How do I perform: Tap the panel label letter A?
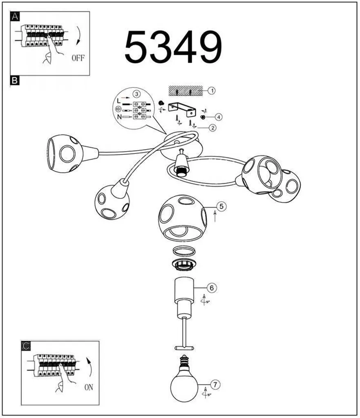click(x=15, y=16)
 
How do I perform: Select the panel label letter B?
click(x=14, y=80)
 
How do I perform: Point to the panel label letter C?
click(x=26, y=346)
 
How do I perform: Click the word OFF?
click(x=78, y=58)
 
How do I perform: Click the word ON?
click(x=89, y=387)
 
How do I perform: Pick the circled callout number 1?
click(x=212, y=91)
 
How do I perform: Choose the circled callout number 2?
click(x=212, y=128)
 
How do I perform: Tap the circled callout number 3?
click(x=136, y=94)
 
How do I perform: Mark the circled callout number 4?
click(x=219, y=117)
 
